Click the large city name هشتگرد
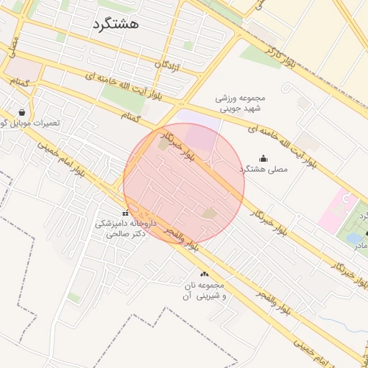pos(115,24)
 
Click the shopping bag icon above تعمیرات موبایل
pos(22,112)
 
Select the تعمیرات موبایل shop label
pos(32,124)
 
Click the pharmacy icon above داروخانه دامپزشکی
pos(126,213)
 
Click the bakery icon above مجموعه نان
pos(205,274)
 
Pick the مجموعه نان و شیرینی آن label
pos(205,290)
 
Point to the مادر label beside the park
pos(360,245)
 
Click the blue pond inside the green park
pos(354,236)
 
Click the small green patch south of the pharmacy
pos(73,297)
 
